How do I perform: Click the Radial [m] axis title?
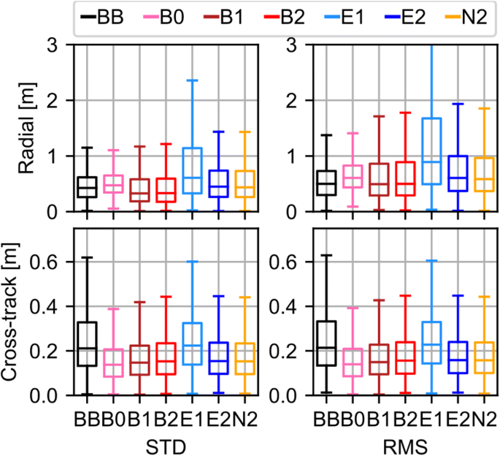[26, 128]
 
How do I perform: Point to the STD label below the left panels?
[164, 441]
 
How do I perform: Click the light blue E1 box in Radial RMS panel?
[432, 151]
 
